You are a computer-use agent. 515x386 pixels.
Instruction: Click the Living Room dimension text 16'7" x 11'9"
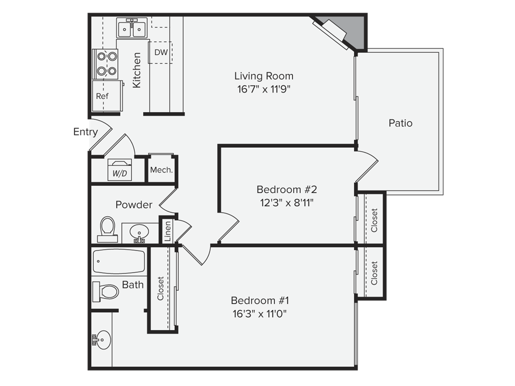(264, 89)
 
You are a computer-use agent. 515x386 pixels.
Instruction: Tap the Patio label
(400, 123)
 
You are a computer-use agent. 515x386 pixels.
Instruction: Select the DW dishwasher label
(161, 52)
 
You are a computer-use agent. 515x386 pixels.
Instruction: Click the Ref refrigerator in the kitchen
(108, 96)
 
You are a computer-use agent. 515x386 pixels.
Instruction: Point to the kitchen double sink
(132, 28)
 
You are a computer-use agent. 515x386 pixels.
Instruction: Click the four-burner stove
(105, 64)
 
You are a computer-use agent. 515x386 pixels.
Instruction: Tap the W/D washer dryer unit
(120, 170)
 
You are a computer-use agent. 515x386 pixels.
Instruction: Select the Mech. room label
(161, 170)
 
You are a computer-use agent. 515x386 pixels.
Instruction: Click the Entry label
(85, 132)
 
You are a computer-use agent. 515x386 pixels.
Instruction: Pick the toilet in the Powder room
(108, 229)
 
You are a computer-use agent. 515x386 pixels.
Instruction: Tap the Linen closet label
(167, 231)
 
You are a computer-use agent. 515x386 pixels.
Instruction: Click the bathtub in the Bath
(119, 261)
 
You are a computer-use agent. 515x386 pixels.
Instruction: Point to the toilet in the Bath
(106, 291)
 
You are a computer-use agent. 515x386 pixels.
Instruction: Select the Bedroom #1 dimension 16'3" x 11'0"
(260, 314)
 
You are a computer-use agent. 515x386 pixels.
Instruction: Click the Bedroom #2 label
(287, 189)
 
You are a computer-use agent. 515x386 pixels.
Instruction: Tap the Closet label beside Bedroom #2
(374, 220)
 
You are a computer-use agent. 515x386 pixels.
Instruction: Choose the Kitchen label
(137, 70)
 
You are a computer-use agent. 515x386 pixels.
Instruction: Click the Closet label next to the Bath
(160, 288)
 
